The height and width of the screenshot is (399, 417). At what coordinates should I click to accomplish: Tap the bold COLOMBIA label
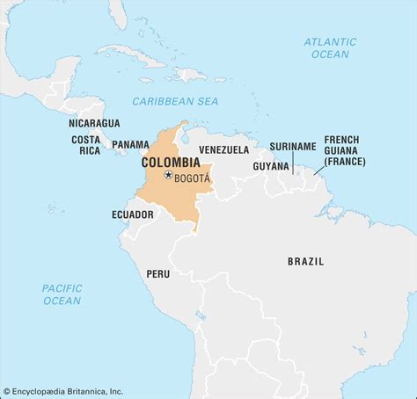(x=171, y=163)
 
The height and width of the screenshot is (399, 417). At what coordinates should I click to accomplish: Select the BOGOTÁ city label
(x=193, y=177)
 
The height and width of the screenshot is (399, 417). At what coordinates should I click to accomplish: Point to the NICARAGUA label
(x=94, y=124)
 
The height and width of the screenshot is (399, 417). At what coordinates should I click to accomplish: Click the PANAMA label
(x=130, y=144)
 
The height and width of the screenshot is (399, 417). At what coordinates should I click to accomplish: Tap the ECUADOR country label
(x=133, y=214)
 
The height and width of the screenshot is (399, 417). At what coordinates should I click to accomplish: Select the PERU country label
(x=158, y=273)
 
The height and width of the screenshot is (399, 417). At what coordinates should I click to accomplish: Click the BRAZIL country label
(x=305, y=261)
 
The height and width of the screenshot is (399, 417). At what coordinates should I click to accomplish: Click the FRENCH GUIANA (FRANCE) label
(x=345, y=150)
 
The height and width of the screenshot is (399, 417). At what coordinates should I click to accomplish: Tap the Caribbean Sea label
(x=174, y=102)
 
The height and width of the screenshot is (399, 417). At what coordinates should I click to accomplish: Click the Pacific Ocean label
(x=62, y=294)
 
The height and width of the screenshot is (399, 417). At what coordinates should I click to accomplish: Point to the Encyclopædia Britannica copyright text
(x=63, y=392)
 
